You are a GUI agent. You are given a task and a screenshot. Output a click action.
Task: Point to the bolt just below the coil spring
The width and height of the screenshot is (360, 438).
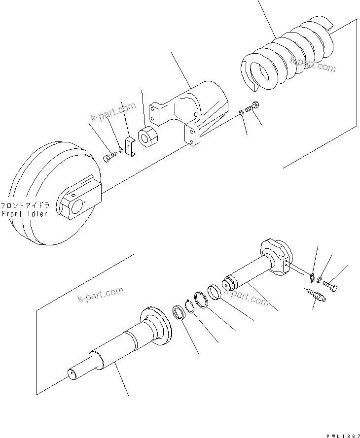(253, 106)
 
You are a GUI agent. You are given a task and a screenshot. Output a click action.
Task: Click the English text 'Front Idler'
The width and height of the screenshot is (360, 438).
(25, 214)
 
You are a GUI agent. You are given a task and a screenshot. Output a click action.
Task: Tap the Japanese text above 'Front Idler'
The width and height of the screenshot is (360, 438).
(25, 205)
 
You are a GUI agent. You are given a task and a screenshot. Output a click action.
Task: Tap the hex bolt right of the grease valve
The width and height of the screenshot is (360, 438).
(333, 285)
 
